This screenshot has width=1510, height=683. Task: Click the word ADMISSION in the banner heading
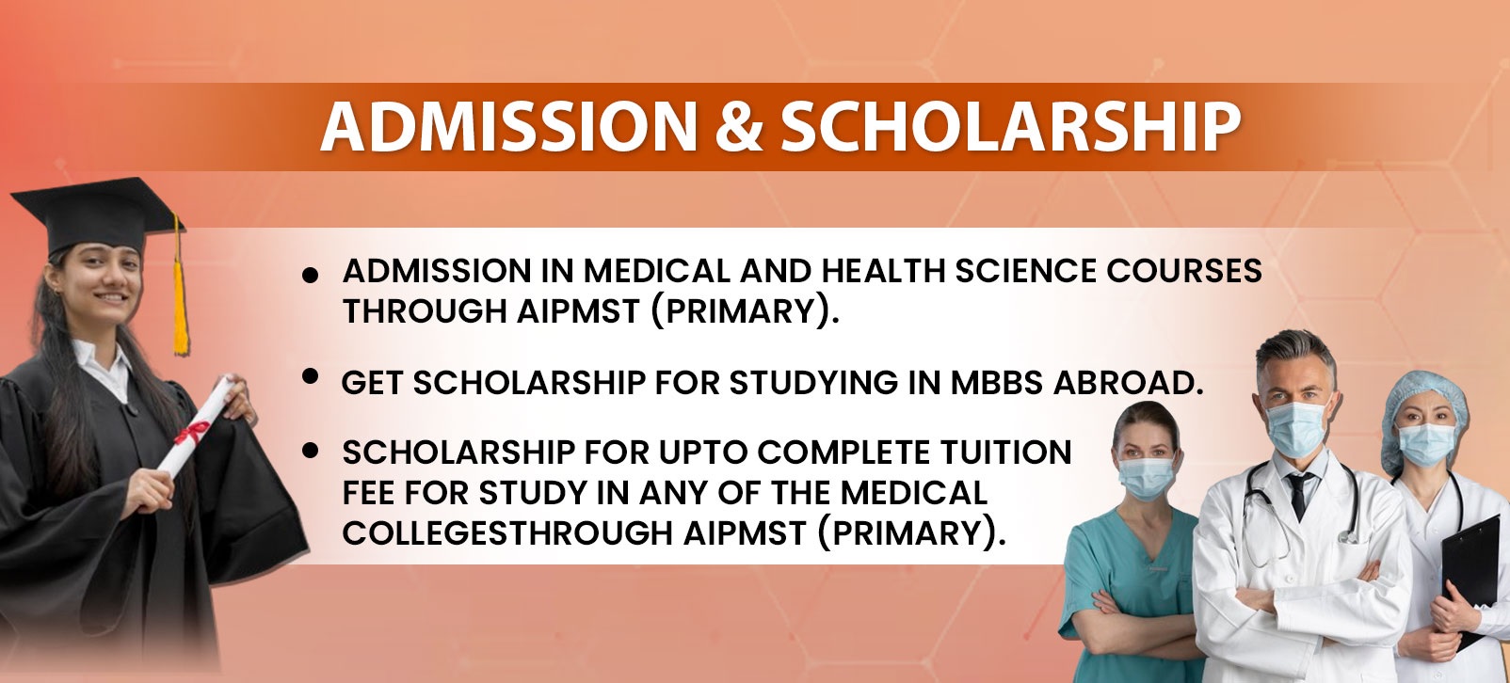coord(509,127)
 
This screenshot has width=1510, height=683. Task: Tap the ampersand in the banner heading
coord(739,127)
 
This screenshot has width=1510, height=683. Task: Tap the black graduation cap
coord(98,214)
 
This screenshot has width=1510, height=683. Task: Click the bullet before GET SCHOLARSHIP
coord(310,376)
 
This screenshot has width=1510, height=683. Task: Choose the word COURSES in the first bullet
coord(1183,271)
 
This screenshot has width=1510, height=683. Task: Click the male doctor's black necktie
coord(1298,495)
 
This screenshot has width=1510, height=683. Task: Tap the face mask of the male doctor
coord(1297,428)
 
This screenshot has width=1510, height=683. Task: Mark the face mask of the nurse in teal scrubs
coord(1147,477)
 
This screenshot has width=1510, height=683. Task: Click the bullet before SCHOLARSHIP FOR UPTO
coord(310,451)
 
